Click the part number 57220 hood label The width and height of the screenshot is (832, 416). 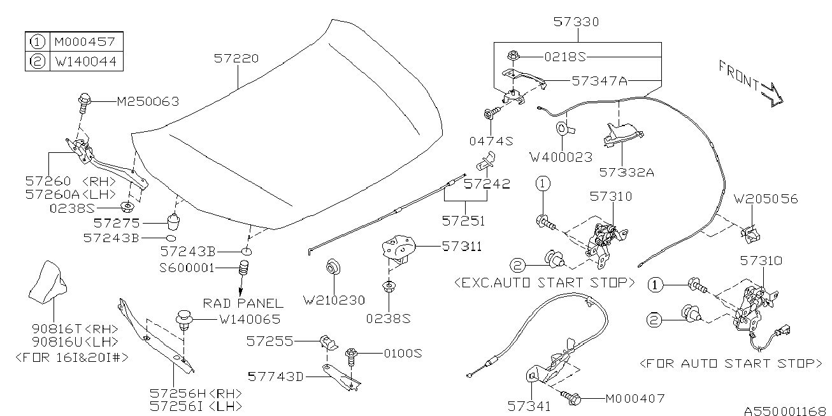(236, 59)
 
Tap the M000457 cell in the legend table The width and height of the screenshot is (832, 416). (85, 41)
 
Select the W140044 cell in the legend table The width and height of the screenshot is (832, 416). (86, 61)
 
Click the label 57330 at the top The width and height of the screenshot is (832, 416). (577, 22)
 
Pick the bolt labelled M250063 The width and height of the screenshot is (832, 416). (85, 102)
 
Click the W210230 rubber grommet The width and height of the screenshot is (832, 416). (333, 267)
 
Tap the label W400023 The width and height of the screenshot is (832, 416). (561, 157)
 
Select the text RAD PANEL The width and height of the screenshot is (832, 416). (243, 303)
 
